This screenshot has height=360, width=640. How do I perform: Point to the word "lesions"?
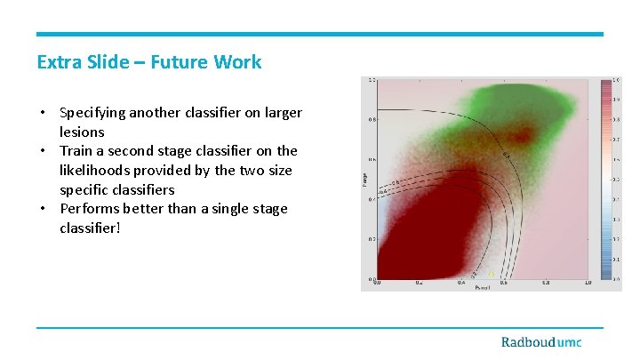pos(82,132)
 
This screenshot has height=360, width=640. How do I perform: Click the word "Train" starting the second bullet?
pos(76,151)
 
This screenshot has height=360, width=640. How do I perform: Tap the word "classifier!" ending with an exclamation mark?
pos(89,228)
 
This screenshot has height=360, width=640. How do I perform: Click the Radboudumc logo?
pos(541,342)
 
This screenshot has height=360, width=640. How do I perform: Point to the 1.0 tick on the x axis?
pos(588,283)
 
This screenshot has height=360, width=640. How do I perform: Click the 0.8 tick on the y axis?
pos(372,119)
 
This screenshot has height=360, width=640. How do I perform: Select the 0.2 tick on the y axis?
pos(372,239)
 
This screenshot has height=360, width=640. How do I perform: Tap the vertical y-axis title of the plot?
pos(364,180)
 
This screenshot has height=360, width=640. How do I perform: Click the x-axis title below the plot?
pos(483,289)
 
